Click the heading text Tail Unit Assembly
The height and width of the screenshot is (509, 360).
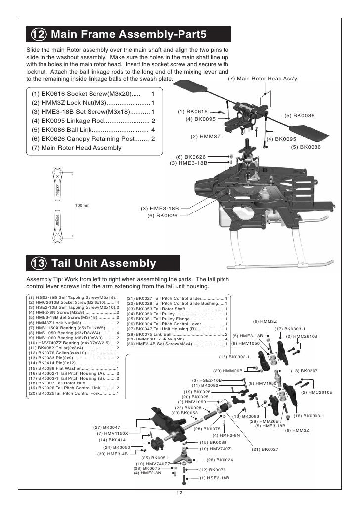(x=103, y=263)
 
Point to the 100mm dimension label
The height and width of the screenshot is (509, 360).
(x=82, y=205)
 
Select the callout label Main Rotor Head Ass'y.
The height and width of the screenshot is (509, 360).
(x=263, y=79)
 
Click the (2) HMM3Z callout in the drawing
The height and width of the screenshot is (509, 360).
(x=205, y=136)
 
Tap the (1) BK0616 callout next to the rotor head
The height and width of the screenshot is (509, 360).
(x=193, y=112)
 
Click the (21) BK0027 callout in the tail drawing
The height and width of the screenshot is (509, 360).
(x=265, y=449)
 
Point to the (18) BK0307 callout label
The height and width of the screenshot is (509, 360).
(x=304, y=371)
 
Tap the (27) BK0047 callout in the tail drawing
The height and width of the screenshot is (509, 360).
(x=107, y=427)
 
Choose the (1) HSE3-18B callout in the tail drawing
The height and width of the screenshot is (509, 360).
(x=214, y=478)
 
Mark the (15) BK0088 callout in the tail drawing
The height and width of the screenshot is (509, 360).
(x=213, y=442)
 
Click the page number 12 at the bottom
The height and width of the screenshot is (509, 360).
(x=180, y=494)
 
